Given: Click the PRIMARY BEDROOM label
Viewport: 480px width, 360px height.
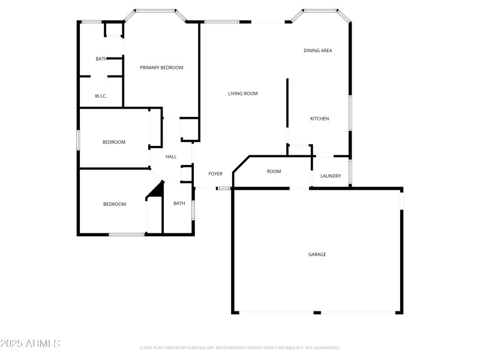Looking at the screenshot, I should [161, 68].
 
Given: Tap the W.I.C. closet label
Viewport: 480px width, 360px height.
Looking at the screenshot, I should [101, 96].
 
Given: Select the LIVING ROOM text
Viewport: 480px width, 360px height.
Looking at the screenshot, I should [243, 94].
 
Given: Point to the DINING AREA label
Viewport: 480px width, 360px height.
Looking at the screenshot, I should [317, 50].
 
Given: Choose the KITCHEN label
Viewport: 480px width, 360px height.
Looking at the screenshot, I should [319, 119].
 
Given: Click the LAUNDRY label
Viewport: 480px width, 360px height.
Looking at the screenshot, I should [331, 176].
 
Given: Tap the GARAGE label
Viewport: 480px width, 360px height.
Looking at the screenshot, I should [317, 254].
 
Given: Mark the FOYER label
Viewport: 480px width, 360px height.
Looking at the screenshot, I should [215, 174].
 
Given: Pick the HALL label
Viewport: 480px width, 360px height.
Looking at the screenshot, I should [171, 157].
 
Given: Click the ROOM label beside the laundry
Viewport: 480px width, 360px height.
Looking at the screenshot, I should [274, 172].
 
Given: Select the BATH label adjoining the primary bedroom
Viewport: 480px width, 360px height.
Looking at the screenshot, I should [101, 59].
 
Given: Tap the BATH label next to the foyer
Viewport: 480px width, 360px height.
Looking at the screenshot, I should [179, 203].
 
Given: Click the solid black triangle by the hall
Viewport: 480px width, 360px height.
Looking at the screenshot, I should [158, 190].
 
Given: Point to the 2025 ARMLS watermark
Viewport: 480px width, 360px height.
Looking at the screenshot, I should [30, 344].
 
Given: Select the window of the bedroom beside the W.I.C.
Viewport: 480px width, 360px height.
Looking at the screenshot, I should [78, 140].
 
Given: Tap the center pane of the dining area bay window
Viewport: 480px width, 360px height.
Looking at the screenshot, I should [320, 10].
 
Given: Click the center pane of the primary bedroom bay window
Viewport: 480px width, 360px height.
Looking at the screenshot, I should [155, 10].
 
